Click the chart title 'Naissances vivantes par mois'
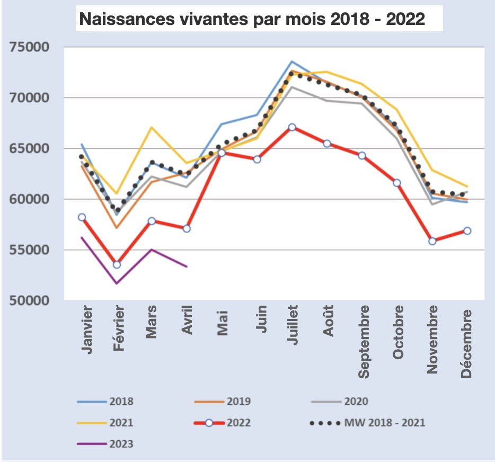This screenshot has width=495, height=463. tap(252, 20)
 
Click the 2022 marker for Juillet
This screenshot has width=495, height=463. tap(292, 127)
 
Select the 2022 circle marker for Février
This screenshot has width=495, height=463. tap(117, 264)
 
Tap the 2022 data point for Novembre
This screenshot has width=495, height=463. tap(432, 241)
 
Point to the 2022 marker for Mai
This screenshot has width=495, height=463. tap(222, 153)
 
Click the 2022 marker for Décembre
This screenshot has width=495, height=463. tap(467, 230)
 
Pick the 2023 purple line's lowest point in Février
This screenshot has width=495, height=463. tap(117, 283)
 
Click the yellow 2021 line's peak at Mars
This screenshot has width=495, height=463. tap(152, 127)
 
